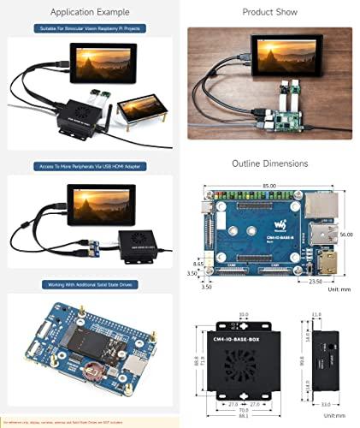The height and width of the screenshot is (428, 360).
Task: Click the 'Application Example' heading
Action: (x=90, y=13)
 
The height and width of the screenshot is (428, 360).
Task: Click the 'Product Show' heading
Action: (x=269, y=13)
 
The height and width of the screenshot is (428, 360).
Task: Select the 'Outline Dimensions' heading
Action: (x=269, y=163)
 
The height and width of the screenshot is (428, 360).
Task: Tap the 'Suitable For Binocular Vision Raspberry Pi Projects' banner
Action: (x=90, y=29)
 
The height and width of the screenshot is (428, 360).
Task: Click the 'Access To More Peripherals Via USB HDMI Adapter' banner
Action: (x=90, y=167)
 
